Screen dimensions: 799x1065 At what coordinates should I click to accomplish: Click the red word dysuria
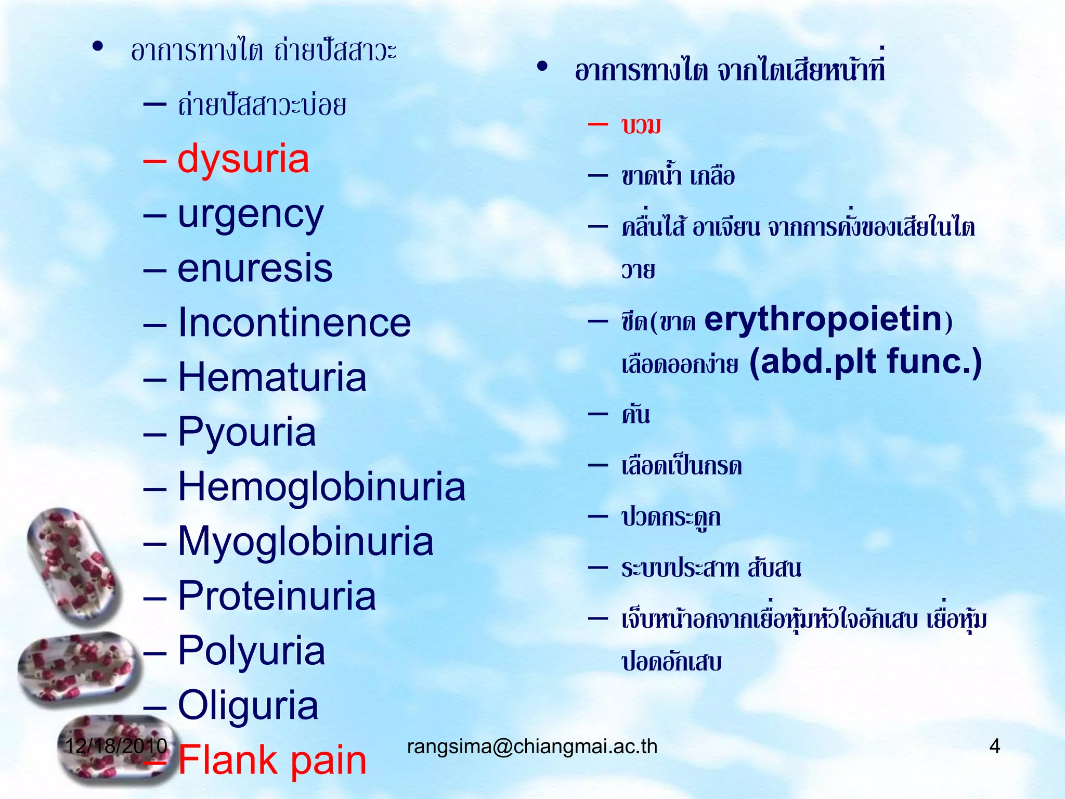tap(243, 159)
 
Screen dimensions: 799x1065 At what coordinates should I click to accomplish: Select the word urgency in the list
tap(251, 214)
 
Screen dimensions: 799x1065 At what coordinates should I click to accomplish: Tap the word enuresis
tap(255, 269)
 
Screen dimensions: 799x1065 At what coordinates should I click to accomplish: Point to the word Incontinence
tap(294, 323)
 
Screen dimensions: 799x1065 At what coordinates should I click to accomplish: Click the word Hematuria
tap(272, 378)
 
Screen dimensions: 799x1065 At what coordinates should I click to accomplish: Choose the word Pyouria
tap(246, 432)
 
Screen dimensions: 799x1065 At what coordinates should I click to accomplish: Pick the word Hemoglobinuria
tap(321, 487)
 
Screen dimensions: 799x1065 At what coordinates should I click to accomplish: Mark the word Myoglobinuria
tap(305, 542)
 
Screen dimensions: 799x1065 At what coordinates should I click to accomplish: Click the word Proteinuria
tap(277, 596)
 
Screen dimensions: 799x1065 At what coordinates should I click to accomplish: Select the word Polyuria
tap(251, 651)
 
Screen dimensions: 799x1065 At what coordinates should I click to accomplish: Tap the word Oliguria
tap(248, 705)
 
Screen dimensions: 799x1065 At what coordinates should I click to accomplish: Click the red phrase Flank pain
tap(272, 761)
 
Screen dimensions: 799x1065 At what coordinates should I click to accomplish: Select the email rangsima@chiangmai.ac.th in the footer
tap(532, 746)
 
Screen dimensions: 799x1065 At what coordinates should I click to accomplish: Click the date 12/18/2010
tap(116, 746)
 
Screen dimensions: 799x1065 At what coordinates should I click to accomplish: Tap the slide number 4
tap(994, 746)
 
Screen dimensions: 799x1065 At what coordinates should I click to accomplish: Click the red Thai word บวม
tap(641, 126)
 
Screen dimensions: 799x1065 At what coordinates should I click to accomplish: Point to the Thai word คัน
tap(635, 415)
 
